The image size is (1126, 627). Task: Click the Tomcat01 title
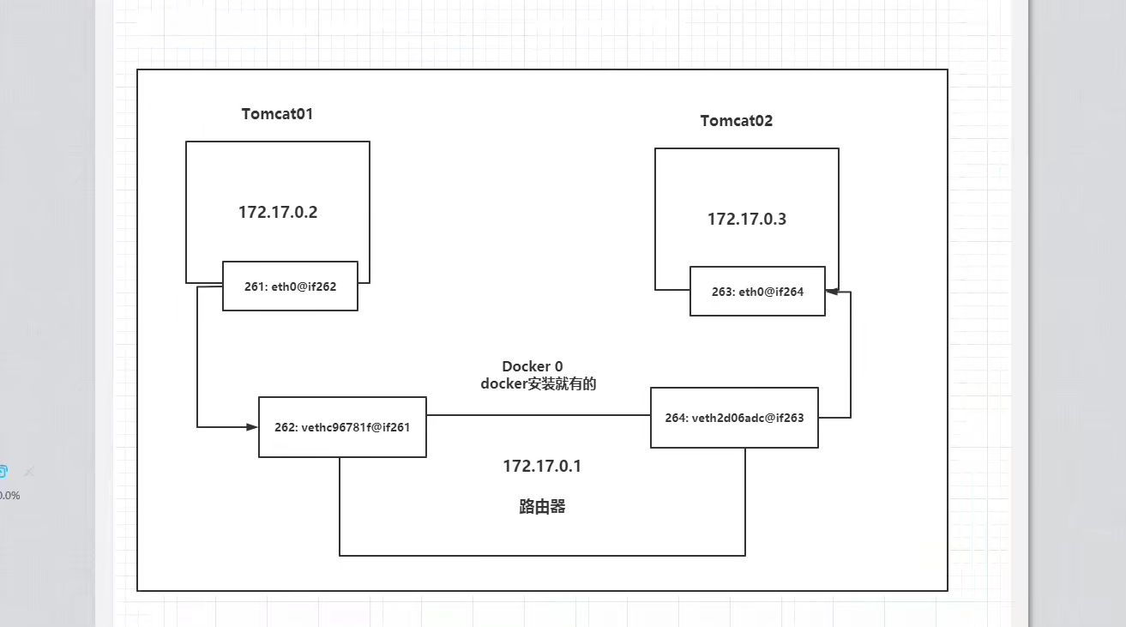pyautogui.click(x=277, y=114)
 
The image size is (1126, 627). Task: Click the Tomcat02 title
pyautogui.click(x=736, y=121)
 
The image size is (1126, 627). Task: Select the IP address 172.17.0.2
pyautogui.click(x=278, y=213)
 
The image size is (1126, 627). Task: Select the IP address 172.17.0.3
pyautogui.click(x=746, y=220)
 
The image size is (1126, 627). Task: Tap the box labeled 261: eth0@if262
pyautogui.click(x=290, y=286)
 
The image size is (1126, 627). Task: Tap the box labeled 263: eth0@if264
pyautogui.click(x=757, y=292)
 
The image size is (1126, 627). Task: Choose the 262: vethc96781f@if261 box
pyautogui.click(x=342, y=426)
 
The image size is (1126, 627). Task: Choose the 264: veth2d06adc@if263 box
pyautogui.click(x=734, y=418)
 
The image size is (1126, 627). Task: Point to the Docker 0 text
pyautogui.click(x=532, y=367)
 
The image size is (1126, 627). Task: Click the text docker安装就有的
pyautogui.click(x=538, y=384)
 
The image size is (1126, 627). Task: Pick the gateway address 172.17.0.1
pyautogui.click(x=542, y=467)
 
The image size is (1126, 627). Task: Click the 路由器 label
pyautogui.click(x=542, y=507)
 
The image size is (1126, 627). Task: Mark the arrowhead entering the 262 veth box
pyautogui.click(x=253, y=426)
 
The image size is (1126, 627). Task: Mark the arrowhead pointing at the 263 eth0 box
pyautogui.click(x=831, y=292)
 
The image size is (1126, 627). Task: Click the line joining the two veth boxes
pyautogui.click(x=538, y=415)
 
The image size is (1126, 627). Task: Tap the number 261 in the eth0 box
pyautogui.click(x=254, y=286)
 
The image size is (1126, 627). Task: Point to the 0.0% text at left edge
pyautogui.click(x=9, y=496)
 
